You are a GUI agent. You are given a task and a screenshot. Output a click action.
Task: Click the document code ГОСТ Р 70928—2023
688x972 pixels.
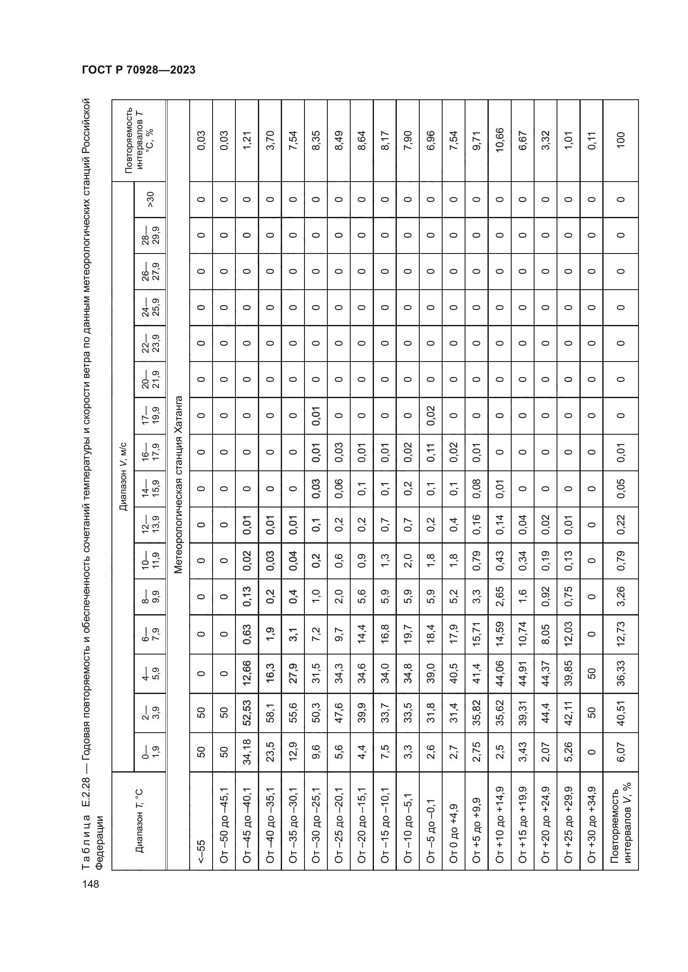(139, 70)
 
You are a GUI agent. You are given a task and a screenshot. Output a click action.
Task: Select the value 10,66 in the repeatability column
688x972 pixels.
(500, 140)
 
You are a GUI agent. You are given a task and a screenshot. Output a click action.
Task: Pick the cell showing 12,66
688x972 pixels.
(247, 675)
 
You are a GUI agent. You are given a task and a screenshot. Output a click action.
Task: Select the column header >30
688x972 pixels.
(150, 199)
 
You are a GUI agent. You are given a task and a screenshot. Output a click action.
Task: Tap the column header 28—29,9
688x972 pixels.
(150, 235)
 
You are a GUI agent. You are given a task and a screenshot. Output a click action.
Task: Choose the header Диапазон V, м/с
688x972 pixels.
(123, 477)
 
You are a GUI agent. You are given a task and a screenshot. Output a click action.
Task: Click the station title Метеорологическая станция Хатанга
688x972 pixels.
(178, 485)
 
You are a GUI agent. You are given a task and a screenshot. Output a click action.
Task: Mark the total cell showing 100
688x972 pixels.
(621, 140)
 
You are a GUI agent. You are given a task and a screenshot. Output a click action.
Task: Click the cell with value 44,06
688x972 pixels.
(500, 675)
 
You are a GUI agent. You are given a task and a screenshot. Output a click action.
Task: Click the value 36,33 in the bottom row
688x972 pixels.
(621, 675)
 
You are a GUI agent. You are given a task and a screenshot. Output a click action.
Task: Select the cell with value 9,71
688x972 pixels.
(477, 140)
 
